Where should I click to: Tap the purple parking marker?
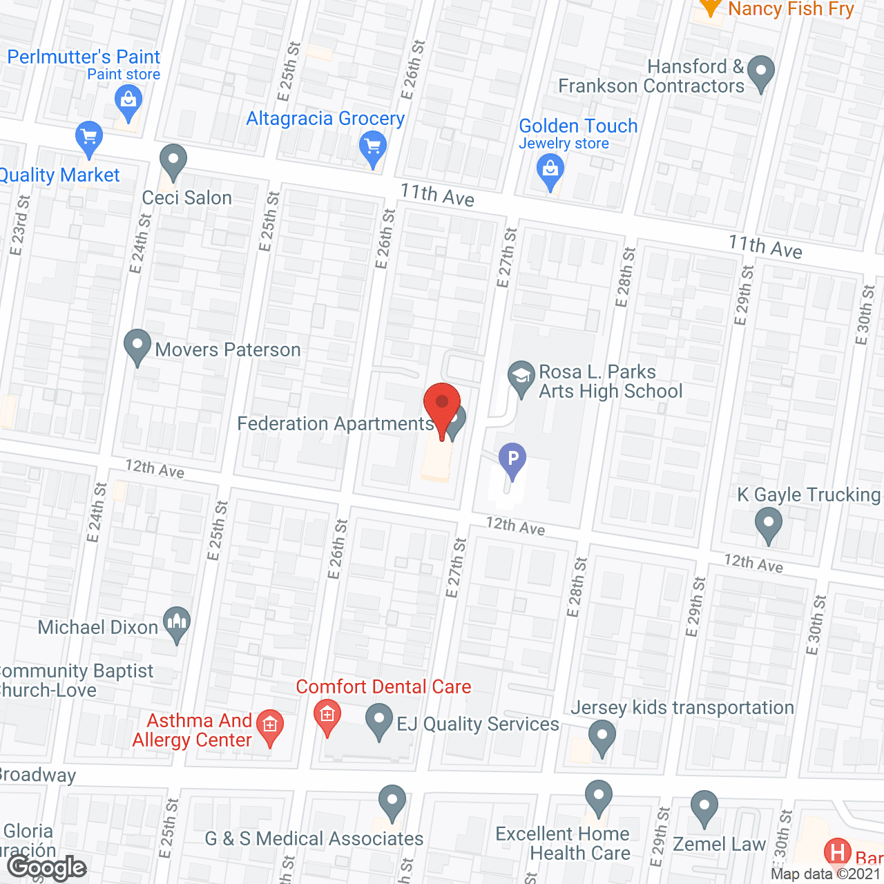coord(512,459)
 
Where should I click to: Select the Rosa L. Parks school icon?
coord(521,377)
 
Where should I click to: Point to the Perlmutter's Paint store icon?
coord(128,101)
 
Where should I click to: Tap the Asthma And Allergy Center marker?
coord(270,726)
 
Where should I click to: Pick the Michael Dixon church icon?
coord(177,623)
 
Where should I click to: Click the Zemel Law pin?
coord(704,806)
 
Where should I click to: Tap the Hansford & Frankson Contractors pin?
coord(760,72)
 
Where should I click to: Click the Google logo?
coord(47,867)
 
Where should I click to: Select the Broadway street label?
coord(37,775)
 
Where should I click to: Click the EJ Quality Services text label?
coord(478,724)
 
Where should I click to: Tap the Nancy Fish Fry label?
coord(791,9)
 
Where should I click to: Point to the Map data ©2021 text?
coord(826,874)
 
